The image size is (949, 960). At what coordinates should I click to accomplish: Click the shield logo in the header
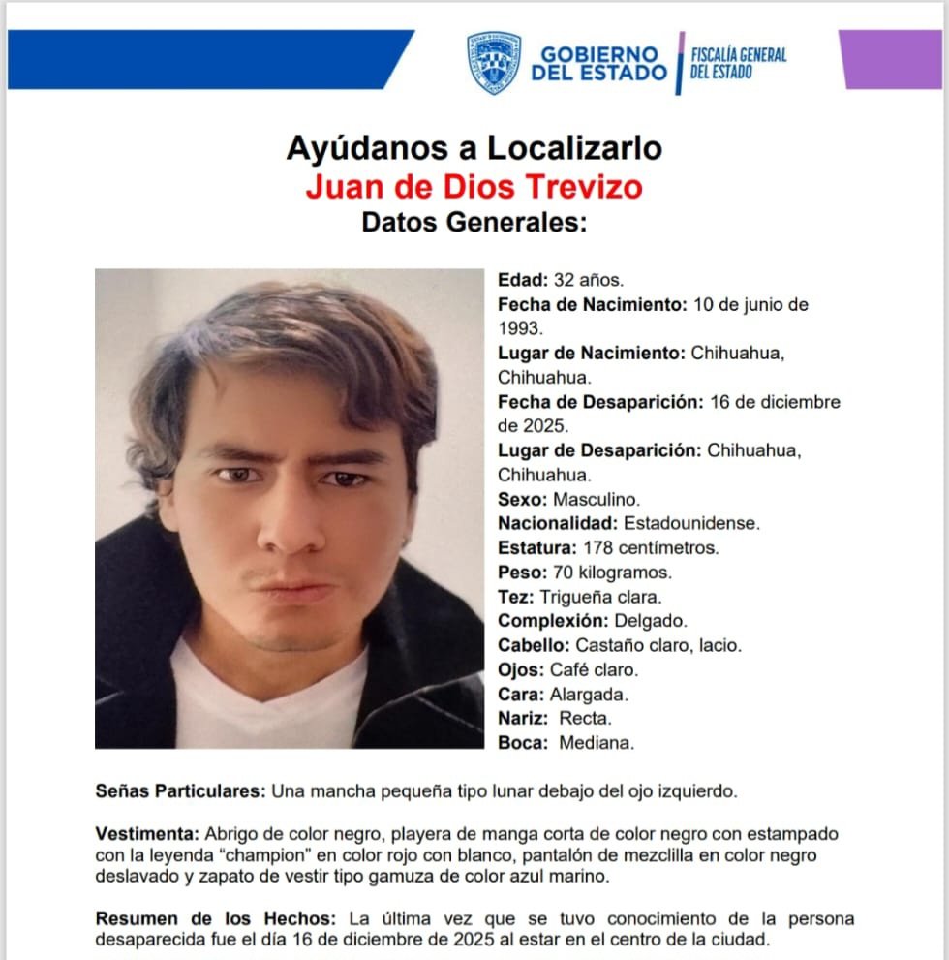click(494, 62)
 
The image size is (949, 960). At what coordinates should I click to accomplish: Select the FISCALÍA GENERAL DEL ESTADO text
click(738, 63)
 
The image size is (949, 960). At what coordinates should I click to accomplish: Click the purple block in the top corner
click(891, 59)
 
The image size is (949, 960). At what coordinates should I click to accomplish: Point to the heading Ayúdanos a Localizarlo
click(474, 148)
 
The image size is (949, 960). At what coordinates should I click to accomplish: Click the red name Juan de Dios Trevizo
click(474, 185)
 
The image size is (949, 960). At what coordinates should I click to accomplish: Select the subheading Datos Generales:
click(474, 222)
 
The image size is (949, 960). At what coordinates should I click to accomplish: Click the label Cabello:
click(534, 645)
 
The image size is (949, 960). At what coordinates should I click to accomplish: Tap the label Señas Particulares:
click(180, 790)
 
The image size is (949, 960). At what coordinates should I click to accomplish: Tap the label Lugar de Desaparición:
click(599, 450)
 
